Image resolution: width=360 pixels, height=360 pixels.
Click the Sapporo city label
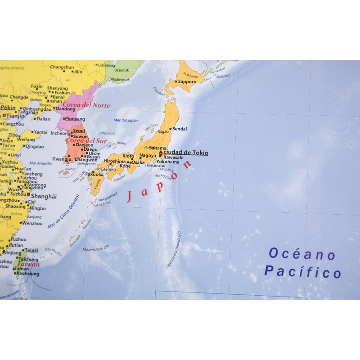point(187,82)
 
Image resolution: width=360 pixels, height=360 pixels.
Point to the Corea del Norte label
point(89,105)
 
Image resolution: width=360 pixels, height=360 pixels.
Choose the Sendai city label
point(180,129)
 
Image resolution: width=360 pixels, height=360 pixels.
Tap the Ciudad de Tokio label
point(185,153)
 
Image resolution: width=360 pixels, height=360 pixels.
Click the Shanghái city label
point(45,196)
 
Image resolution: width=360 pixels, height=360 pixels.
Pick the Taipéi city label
point(31,250)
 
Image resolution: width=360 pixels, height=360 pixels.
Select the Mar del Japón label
point(126,120)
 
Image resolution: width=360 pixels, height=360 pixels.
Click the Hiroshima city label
point(114,161)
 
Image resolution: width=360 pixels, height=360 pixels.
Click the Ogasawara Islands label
point(173,250)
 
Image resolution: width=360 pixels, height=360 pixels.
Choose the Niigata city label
point(164,131)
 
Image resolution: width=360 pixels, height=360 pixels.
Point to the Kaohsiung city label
point(27,274)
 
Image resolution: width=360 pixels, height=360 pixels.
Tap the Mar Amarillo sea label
point(40,163)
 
